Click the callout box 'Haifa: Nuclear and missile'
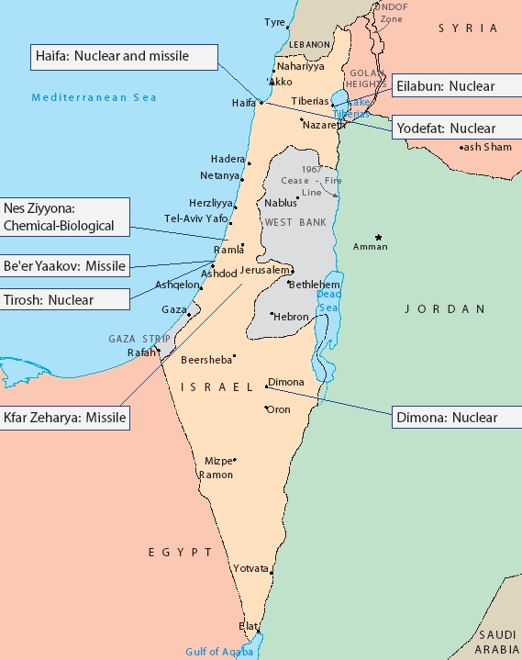point(124,57)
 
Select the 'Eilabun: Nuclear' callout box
point(446,86)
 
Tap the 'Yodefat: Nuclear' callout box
point(446,129)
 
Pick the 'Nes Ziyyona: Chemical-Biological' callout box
point(64,217)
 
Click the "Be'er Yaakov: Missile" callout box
point(64,267)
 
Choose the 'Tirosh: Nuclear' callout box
point(64,299)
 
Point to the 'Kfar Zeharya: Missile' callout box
point(64,418)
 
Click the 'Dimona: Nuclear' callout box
point(446,418)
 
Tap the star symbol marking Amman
point(377,237)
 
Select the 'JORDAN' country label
point(445,309)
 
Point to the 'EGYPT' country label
point(180,553)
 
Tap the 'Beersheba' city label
point(206,360)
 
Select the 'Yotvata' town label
point(250,568)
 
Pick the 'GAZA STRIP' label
point(135,339)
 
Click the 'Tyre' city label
point(274,22)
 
